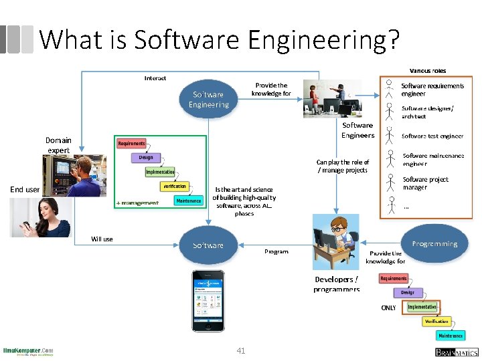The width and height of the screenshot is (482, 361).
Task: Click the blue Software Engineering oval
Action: coord(209,99)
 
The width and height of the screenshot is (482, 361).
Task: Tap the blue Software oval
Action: coord(208,245)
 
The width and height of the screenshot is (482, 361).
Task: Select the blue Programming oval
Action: coord(435,244)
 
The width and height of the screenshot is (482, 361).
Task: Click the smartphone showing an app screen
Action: coord(208,300)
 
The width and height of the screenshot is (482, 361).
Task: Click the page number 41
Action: coord(241,350)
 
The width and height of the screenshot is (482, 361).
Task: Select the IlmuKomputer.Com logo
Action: coord(29,351)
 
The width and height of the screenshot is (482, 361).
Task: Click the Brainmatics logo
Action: coord(457,352)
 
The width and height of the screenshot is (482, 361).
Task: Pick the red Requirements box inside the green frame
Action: coord(132,144)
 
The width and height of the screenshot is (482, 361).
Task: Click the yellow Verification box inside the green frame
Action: coord(175,187)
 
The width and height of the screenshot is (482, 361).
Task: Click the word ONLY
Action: coord(388,308)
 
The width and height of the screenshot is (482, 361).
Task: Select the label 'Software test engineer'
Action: coord(432,136)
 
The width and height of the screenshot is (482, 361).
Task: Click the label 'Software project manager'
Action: coord(425,183)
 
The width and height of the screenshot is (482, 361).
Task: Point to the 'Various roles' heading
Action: coord(428,70)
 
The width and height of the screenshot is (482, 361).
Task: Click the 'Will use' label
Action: coord(102,239)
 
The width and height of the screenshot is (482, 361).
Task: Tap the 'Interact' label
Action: coord(155,78)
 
